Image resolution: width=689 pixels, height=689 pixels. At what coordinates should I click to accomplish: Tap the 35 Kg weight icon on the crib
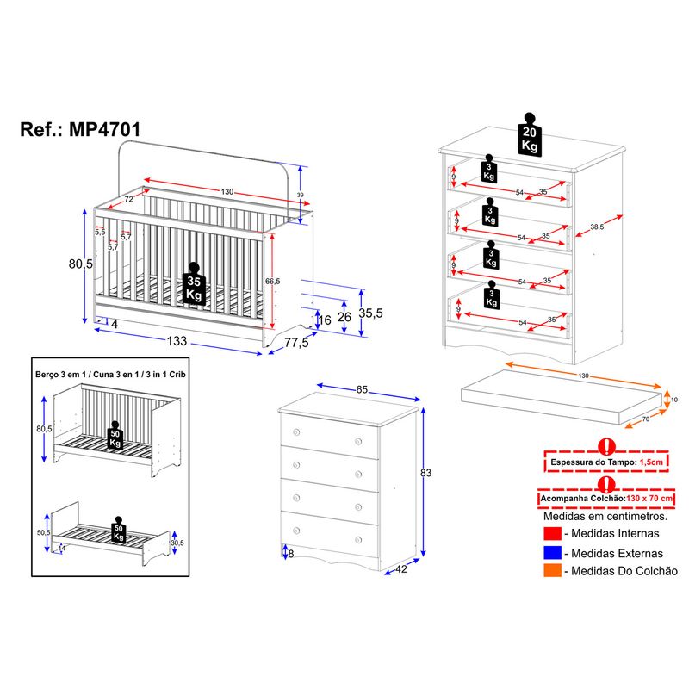pyautogui.click(x=195, y=287)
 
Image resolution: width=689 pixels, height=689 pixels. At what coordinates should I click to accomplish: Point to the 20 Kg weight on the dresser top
pyautogui.click(x=530, y=134)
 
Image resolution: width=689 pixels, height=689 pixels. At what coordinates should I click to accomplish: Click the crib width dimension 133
pyautogui.click(x=177, y=341)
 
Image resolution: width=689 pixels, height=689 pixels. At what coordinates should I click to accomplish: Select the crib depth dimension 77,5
pyautogui.click(x=295, y=344)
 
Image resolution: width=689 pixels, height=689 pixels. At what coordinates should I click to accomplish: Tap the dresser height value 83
pyautogui.click(x=425, y=473)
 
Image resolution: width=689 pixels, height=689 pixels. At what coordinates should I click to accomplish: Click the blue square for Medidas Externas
pyautogui.click(x=551, y=554)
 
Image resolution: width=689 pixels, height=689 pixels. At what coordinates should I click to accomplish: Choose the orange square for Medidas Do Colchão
pyautogui.click(x=551, y=570)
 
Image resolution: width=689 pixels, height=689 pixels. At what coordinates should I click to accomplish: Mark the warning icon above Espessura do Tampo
pyautogui.click(x=606, y=446)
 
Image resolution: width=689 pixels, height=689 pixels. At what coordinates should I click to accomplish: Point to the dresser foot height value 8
pyautogui.click(x=290, y=553)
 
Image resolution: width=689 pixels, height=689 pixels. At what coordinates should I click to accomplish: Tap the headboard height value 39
pyautogui.click(x=300, y=195)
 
